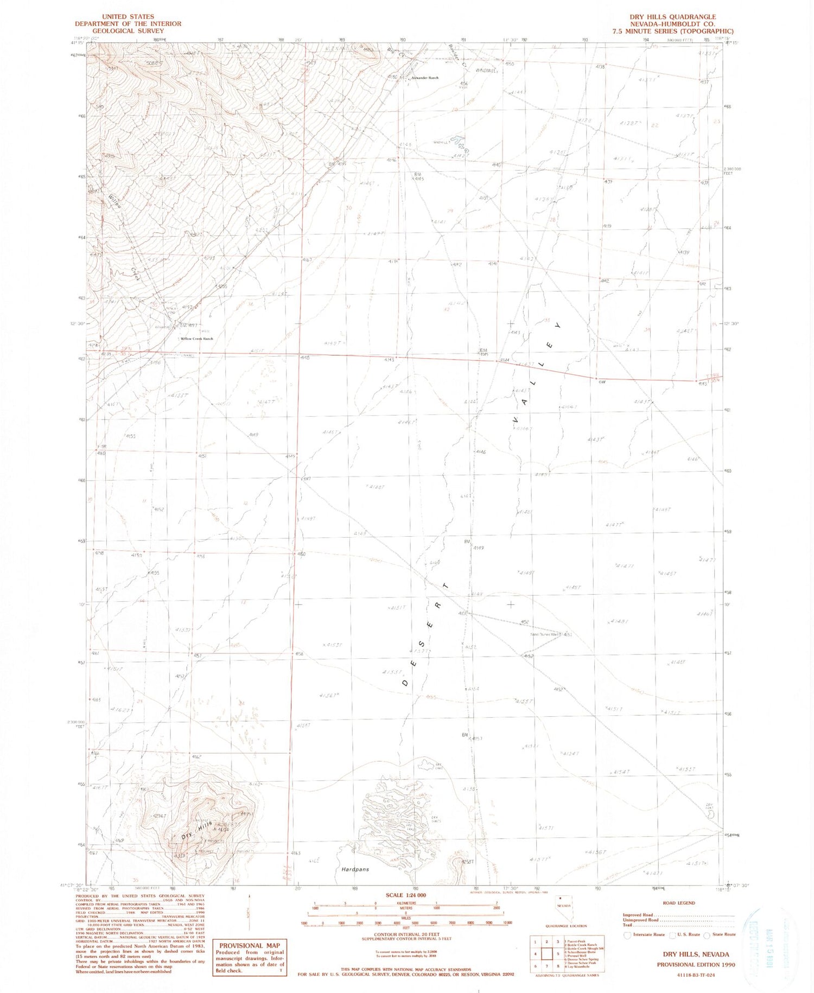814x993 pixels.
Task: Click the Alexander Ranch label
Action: pyautogui.click(x=424, y=78)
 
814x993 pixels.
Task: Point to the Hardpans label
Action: pyautogui.click(x=355, y=869)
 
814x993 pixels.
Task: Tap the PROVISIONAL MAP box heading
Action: pyautogui.click(x=249, y=945)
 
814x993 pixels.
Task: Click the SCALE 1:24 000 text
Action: pyautogui.click(x=405, y=895)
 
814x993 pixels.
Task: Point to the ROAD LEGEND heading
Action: pyautogui.click(x=678, y=903)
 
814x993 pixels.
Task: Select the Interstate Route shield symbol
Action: pyautogui.click(x=627, y=935)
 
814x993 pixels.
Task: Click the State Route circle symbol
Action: pyautogui.click(x=706, y=935)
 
